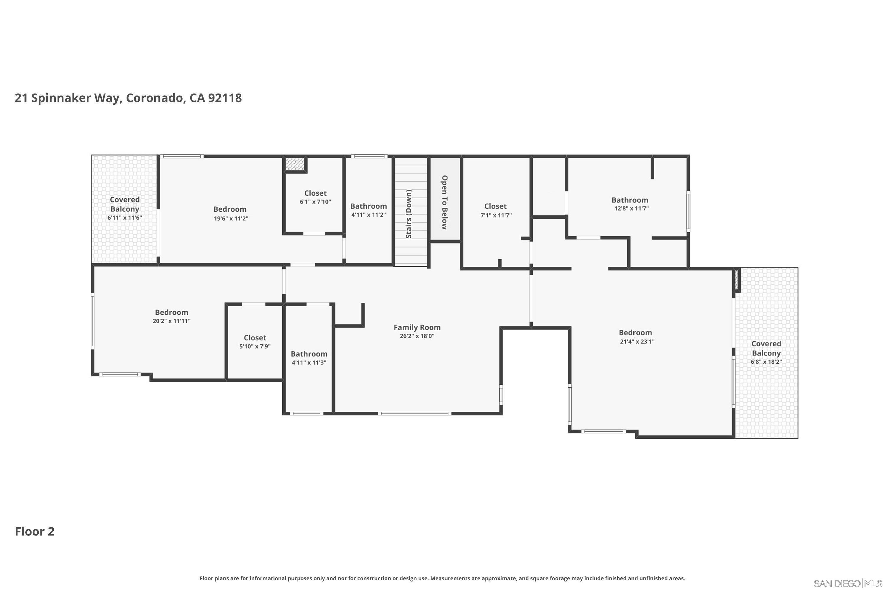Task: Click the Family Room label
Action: point(417,327)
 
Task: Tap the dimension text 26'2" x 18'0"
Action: point(417,336)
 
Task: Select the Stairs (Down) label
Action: point(409,214)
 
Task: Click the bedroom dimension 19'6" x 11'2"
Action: point(231,219)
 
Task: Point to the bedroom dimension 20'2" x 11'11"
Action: point(172,321)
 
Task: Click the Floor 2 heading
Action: point(35,532)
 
